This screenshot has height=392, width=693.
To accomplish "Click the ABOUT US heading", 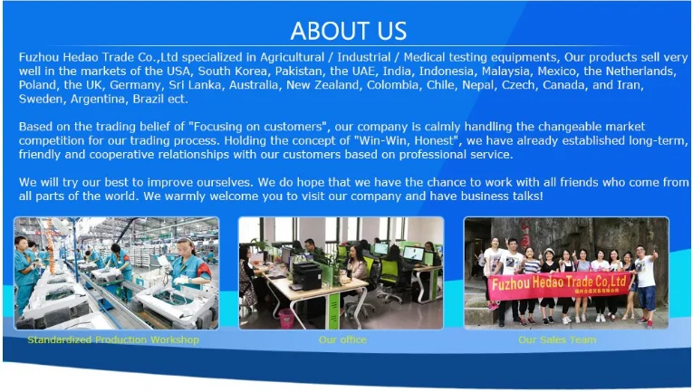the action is [348, 31].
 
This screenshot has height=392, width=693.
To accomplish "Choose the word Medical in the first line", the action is [425, 57].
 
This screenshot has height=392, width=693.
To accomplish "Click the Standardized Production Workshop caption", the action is [113, 339].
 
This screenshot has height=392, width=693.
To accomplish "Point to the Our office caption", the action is [342, 339].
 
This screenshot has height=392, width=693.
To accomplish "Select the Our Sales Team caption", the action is [557, 339].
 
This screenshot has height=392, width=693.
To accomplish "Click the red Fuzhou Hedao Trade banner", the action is [559, 284].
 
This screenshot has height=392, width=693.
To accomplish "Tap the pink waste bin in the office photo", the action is [286, 319].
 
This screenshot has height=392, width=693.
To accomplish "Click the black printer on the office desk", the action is [307, 275].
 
